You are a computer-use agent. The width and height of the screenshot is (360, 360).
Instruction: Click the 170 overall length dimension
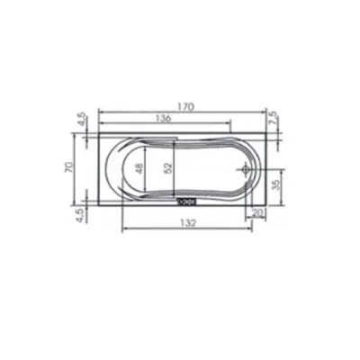[x=185, y=106]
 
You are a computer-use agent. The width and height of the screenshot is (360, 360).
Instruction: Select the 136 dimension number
[x=164, y=118]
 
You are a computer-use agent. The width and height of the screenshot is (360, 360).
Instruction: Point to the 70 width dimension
[x=66, y=168]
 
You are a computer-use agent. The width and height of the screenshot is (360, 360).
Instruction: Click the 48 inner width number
[x=139, y=168]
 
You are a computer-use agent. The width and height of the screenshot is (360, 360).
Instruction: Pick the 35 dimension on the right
[x=276, y=180]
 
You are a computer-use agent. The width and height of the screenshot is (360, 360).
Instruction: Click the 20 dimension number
[x=259, y=212]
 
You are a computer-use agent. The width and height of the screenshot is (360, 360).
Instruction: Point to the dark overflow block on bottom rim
[x=189, y=202]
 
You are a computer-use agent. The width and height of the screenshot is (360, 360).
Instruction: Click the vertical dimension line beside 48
[x=148, y=168]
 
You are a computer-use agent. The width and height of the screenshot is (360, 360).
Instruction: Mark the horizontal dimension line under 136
[x=164, y=124]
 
